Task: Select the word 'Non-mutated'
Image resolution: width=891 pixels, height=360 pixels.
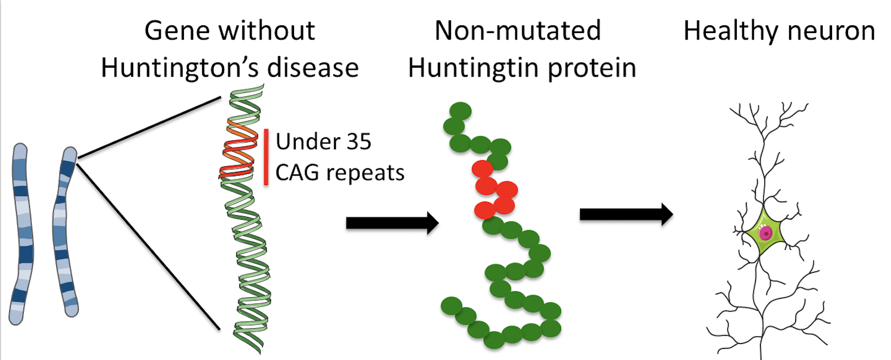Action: (517, 31)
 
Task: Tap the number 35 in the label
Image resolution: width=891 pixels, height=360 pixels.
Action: (358, 142)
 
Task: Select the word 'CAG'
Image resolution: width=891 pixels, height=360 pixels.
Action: (297, 173)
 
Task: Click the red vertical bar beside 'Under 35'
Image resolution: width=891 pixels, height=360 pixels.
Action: (267, 157)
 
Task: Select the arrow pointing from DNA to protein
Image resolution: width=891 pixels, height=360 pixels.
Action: (392, 223)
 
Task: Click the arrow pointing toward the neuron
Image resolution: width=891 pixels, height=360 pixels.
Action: (626, 214)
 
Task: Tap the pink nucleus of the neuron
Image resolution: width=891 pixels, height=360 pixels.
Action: (765, 233)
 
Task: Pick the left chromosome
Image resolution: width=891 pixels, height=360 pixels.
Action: (20, 234)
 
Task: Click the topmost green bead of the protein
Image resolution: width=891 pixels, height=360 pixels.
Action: (460, 111)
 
